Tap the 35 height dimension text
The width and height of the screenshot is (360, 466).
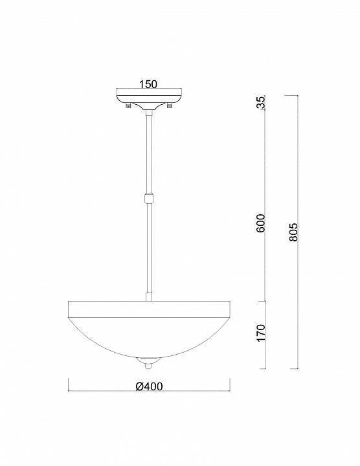tap(262, 104)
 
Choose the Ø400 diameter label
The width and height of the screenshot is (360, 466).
tap(149, 386)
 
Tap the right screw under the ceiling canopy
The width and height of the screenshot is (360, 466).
tap(170, 105)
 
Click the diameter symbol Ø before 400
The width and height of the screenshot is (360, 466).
tap(139, 386)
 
